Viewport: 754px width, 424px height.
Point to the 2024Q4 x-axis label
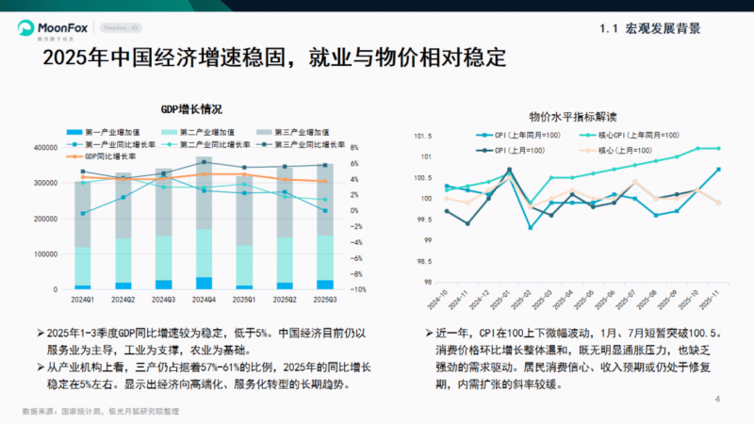coord(205,300)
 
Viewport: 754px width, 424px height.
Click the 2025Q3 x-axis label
coord(325,300)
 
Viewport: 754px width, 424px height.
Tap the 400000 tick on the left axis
coord(48,148)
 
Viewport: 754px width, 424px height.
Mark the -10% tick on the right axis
coord(359,289)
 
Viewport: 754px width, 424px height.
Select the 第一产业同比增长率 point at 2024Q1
coord(83,214)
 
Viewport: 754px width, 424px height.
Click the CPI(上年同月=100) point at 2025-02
coord(530,227)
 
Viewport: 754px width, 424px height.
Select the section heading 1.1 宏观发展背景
coord(649,28)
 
